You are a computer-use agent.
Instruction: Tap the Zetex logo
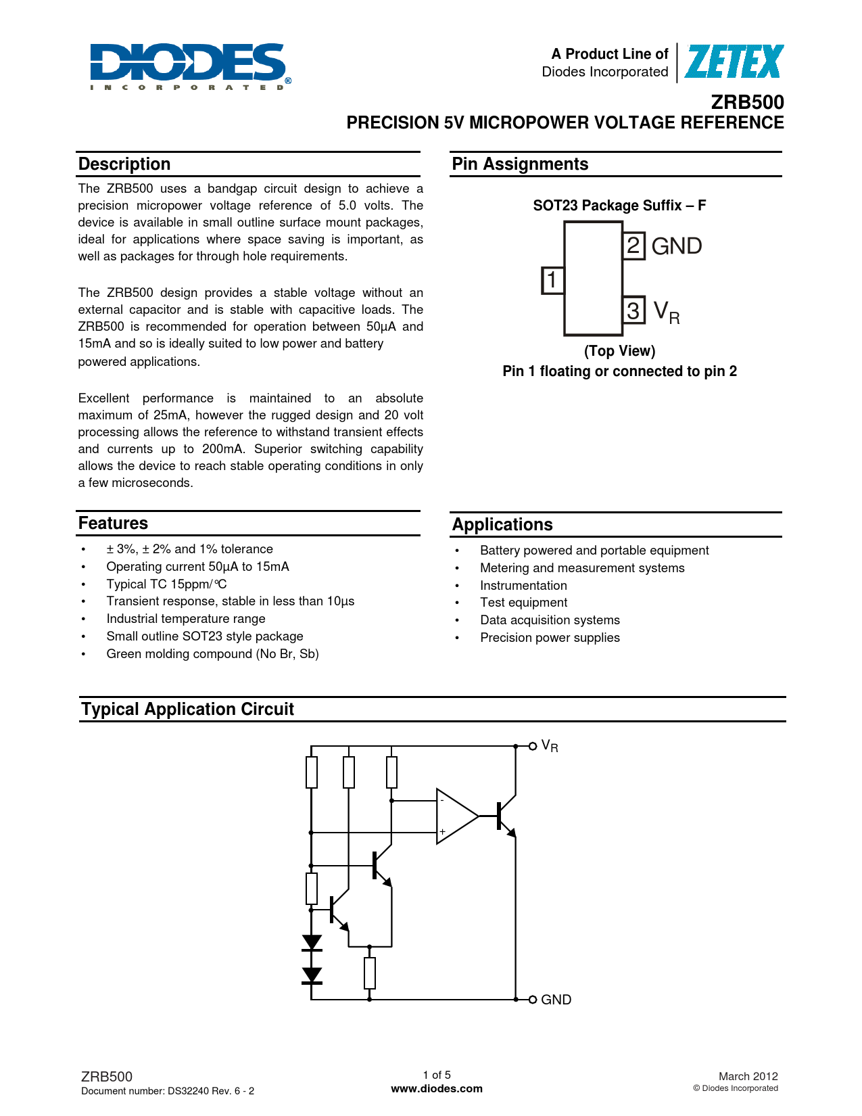pyautogui.click(x=734, y=62)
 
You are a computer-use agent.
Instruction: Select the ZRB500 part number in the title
pyautogui.click(x=747, y=102)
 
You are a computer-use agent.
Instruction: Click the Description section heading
pyautogui.click(x=124, y=164)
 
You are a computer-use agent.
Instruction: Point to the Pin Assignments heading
pyautogui.click(x=520, y=164)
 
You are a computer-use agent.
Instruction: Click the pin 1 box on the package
pyautogui.click(x=552, y=280)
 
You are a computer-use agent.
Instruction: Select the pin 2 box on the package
pyautogui.click(x=633, y=246)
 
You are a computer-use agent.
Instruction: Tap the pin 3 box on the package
pyautogui.click(x=633, y=310)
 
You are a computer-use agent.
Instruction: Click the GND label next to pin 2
pyautogui.click(x=677, y=246)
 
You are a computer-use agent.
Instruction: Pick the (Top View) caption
pyautogui.click(x=619, y=351)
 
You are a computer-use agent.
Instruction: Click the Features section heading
pyautogui.click(x=113, y=524)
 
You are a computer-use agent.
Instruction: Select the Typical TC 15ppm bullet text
pyautogui.click(x=166, y=584)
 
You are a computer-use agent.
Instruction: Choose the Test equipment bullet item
pyautogui.click(x=523, y=603)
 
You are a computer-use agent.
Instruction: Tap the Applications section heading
pyautogui.click(x=502, y=525)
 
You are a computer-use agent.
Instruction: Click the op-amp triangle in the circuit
pyautogui.click(x=455, y=816)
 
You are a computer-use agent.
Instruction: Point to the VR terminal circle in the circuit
pyautogui.click(x=533, y=746)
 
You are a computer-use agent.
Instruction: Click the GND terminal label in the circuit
pyautogui.click(x=556, y=1000)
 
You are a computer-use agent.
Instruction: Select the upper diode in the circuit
pyautogui.click(x=312, y=942)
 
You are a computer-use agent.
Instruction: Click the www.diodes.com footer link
pyautogui.click(x=437, y=1089)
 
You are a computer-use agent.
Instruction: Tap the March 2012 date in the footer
pyautogui.click(x=748, y=1076)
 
